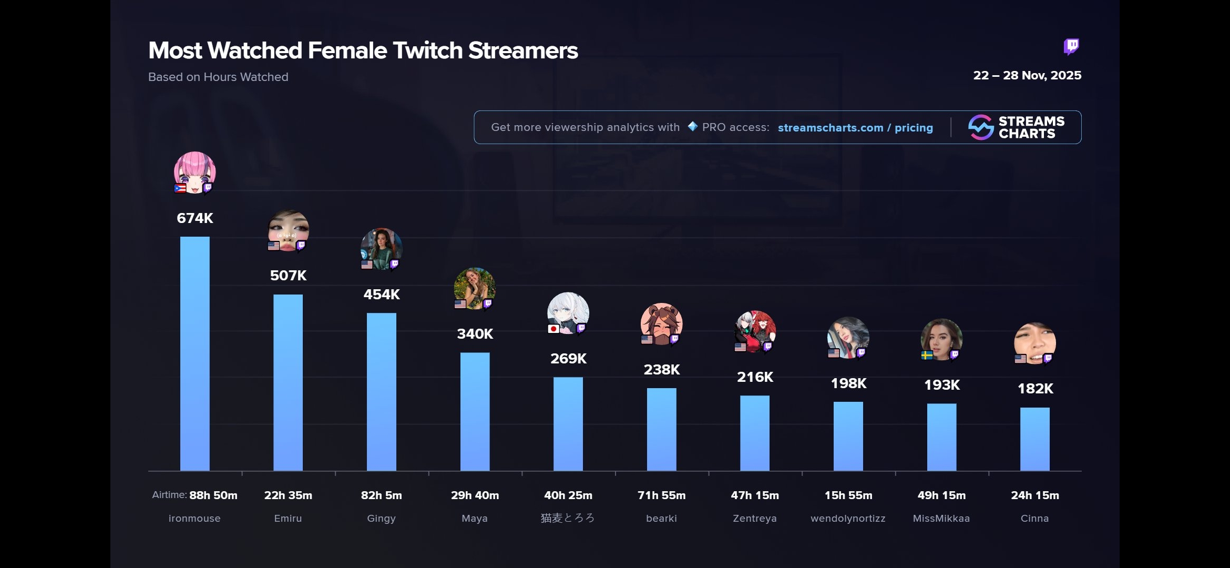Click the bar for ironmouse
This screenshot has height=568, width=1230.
194,353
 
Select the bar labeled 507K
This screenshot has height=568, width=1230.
288,382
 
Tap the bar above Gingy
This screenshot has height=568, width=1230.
381,392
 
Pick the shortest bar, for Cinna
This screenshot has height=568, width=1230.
1034,439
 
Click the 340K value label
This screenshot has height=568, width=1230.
475,334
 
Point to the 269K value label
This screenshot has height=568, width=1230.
568,359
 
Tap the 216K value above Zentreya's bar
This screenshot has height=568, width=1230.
755,377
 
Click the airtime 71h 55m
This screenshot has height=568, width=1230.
661,495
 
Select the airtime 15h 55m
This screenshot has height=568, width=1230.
848,495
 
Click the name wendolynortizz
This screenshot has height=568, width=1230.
848,519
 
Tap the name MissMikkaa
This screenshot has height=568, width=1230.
941,519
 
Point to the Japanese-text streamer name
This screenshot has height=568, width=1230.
568,519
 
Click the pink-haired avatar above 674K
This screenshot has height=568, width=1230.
194,171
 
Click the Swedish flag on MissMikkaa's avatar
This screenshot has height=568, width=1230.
927,356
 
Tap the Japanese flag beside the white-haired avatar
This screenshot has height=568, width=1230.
553,329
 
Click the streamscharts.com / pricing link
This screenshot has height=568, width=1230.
855,128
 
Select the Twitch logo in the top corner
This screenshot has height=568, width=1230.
1071,46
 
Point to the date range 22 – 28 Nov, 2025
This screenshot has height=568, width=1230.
1027,76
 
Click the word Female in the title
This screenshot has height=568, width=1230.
347,51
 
